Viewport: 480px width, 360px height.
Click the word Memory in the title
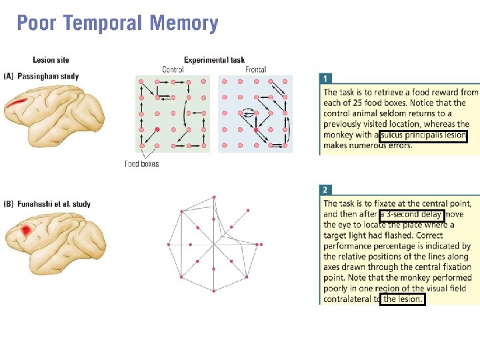pyautogui.click(x=184, y=24)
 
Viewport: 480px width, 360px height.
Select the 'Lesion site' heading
pyautogui.click(x=51, y=61)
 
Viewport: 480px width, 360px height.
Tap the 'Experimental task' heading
pyautogui.click(x=214, y=61)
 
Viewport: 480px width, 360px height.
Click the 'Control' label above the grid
pyautogui.click(x=173, y=69)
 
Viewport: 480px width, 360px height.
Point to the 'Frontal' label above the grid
pyautogui.click(x=255, y=69)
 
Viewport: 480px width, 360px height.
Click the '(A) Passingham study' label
pyautogui.click(x=41, y=77)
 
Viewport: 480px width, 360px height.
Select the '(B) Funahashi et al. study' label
pyautogui.click(x=47, y=204)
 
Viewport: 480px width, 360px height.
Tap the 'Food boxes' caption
pyautogui.click(x=142, y=163)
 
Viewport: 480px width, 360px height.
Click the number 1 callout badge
pyautogui.click(x=325, y=79)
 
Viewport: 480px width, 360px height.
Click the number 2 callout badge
pyautogui.click(x=325, y=189)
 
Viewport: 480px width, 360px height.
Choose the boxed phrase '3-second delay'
pyautogui.click(x=411, y=215)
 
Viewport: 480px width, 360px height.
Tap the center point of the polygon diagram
pyautogui.click(x=213, y=245)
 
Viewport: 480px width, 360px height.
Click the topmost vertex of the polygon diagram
pyautogui.click(x=214, y=197)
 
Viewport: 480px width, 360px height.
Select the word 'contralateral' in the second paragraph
pyautogui.click(x=350, y=299)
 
